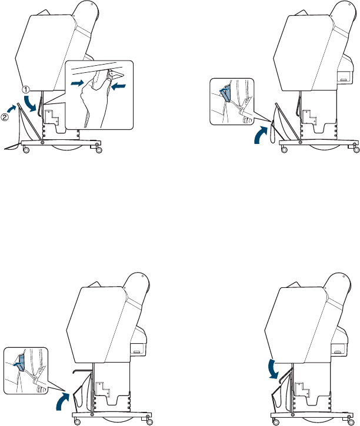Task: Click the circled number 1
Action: pos(25,89)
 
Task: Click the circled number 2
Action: pos(5,118)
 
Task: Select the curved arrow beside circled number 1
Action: pos(29,103)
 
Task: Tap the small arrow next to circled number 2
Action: pos(12,108)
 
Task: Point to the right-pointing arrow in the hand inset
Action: pos(78,83)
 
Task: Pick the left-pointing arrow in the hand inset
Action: pos(118,86)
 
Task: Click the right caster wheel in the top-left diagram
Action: pos(99,150)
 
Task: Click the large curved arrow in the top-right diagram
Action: pos(261,134)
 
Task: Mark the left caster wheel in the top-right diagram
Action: pos(284,150)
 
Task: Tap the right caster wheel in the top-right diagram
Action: pos(356,150)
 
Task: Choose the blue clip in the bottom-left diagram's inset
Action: pos(20,363)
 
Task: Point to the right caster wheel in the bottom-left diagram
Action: pos(149,422)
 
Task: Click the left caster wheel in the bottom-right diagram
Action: pos(276,422)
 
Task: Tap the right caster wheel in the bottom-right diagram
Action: pos(351,422)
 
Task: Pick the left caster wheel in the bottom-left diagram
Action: pos(78,422)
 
